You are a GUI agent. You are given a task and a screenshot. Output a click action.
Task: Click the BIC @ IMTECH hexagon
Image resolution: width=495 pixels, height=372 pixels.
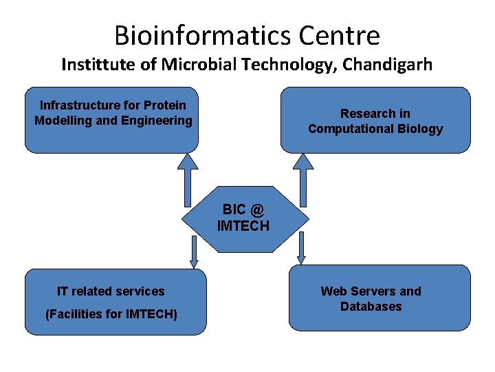(244, 218)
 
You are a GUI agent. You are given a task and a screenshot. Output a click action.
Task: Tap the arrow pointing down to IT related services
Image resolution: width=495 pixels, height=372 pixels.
(194, 251)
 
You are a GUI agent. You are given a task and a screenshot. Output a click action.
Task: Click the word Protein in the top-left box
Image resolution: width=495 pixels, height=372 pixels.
(165, 105)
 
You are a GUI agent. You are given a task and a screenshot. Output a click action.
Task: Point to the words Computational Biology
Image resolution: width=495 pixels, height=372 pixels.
(375, 129)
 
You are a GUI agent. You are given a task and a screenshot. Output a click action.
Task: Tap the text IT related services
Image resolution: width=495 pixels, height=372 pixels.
(111, 291)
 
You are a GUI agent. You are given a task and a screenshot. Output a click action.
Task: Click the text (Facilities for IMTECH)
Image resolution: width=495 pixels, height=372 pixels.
(111, 314)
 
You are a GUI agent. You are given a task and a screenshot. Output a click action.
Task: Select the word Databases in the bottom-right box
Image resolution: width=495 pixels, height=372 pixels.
(371, 307)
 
